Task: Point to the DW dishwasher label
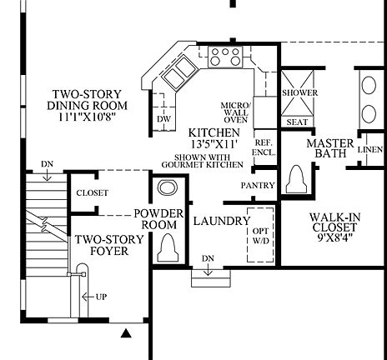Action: coord(164,119)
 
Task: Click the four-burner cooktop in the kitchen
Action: coord(224,57)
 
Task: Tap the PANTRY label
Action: coord(257,184)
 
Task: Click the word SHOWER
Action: coord(296,93)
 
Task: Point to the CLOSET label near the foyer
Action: coord(92,192)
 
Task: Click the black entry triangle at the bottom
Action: coord(126,334)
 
